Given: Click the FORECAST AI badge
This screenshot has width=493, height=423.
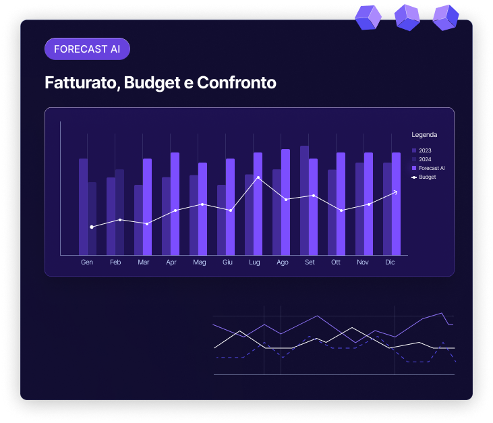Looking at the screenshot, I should [86, 49].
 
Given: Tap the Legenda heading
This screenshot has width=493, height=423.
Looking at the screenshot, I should [424, 135].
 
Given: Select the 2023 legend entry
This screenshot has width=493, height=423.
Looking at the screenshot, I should [424, 150].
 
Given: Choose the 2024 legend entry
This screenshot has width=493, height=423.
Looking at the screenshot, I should [424, 159].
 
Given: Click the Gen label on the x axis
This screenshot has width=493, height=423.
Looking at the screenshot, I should [87, 262].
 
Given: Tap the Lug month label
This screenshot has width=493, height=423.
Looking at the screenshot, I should [254, 262].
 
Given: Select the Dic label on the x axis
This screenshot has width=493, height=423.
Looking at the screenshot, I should [390, 262].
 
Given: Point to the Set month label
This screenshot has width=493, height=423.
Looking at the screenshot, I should [310, 262].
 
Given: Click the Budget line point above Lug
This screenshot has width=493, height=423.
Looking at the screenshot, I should [258, 177].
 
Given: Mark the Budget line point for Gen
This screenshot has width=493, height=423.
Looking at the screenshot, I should [92, 227].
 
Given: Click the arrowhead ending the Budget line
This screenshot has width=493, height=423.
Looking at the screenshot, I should [395, 192].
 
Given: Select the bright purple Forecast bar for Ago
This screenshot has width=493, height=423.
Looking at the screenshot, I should [285, 202].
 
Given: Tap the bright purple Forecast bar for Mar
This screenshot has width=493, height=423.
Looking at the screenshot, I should [147, 206].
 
